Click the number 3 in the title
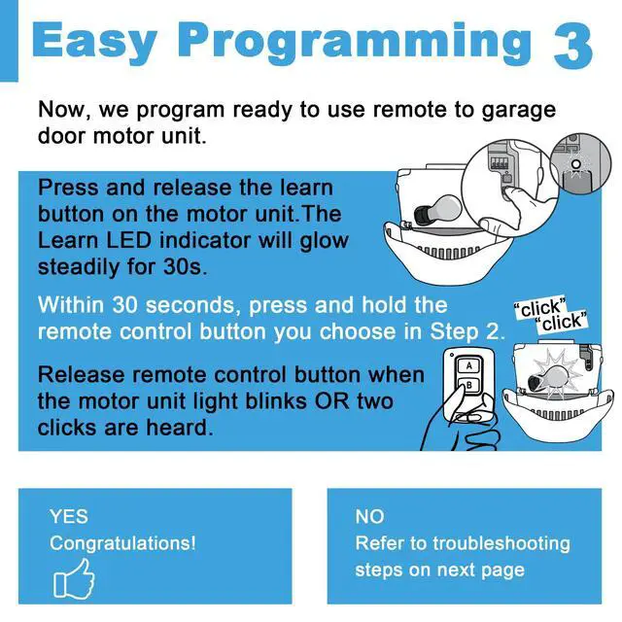572,46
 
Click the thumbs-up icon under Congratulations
74,579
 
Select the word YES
69,516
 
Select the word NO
369,516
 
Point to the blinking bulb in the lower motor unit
548,377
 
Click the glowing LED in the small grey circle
576,164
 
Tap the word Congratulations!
122,543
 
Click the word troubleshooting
501,543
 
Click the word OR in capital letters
332,401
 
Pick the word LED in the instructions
128,240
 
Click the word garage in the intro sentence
518,111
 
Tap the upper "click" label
540,307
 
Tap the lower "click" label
561,322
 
